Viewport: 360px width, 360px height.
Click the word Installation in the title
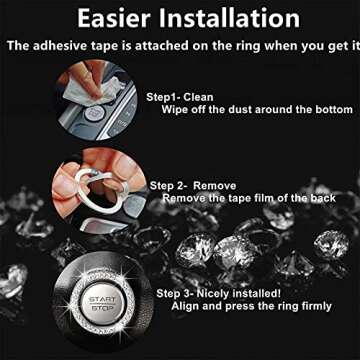[230, 18]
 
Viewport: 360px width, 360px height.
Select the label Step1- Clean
[180, 97]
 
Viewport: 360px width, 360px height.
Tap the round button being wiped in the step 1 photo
[95, 114]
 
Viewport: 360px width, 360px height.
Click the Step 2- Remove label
[193, 186]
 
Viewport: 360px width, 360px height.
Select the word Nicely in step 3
[213, 294]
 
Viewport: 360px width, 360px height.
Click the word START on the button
[103, 299]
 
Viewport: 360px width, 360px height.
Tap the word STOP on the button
[103, 308]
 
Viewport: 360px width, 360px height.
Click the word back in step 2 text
[323, 198]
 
